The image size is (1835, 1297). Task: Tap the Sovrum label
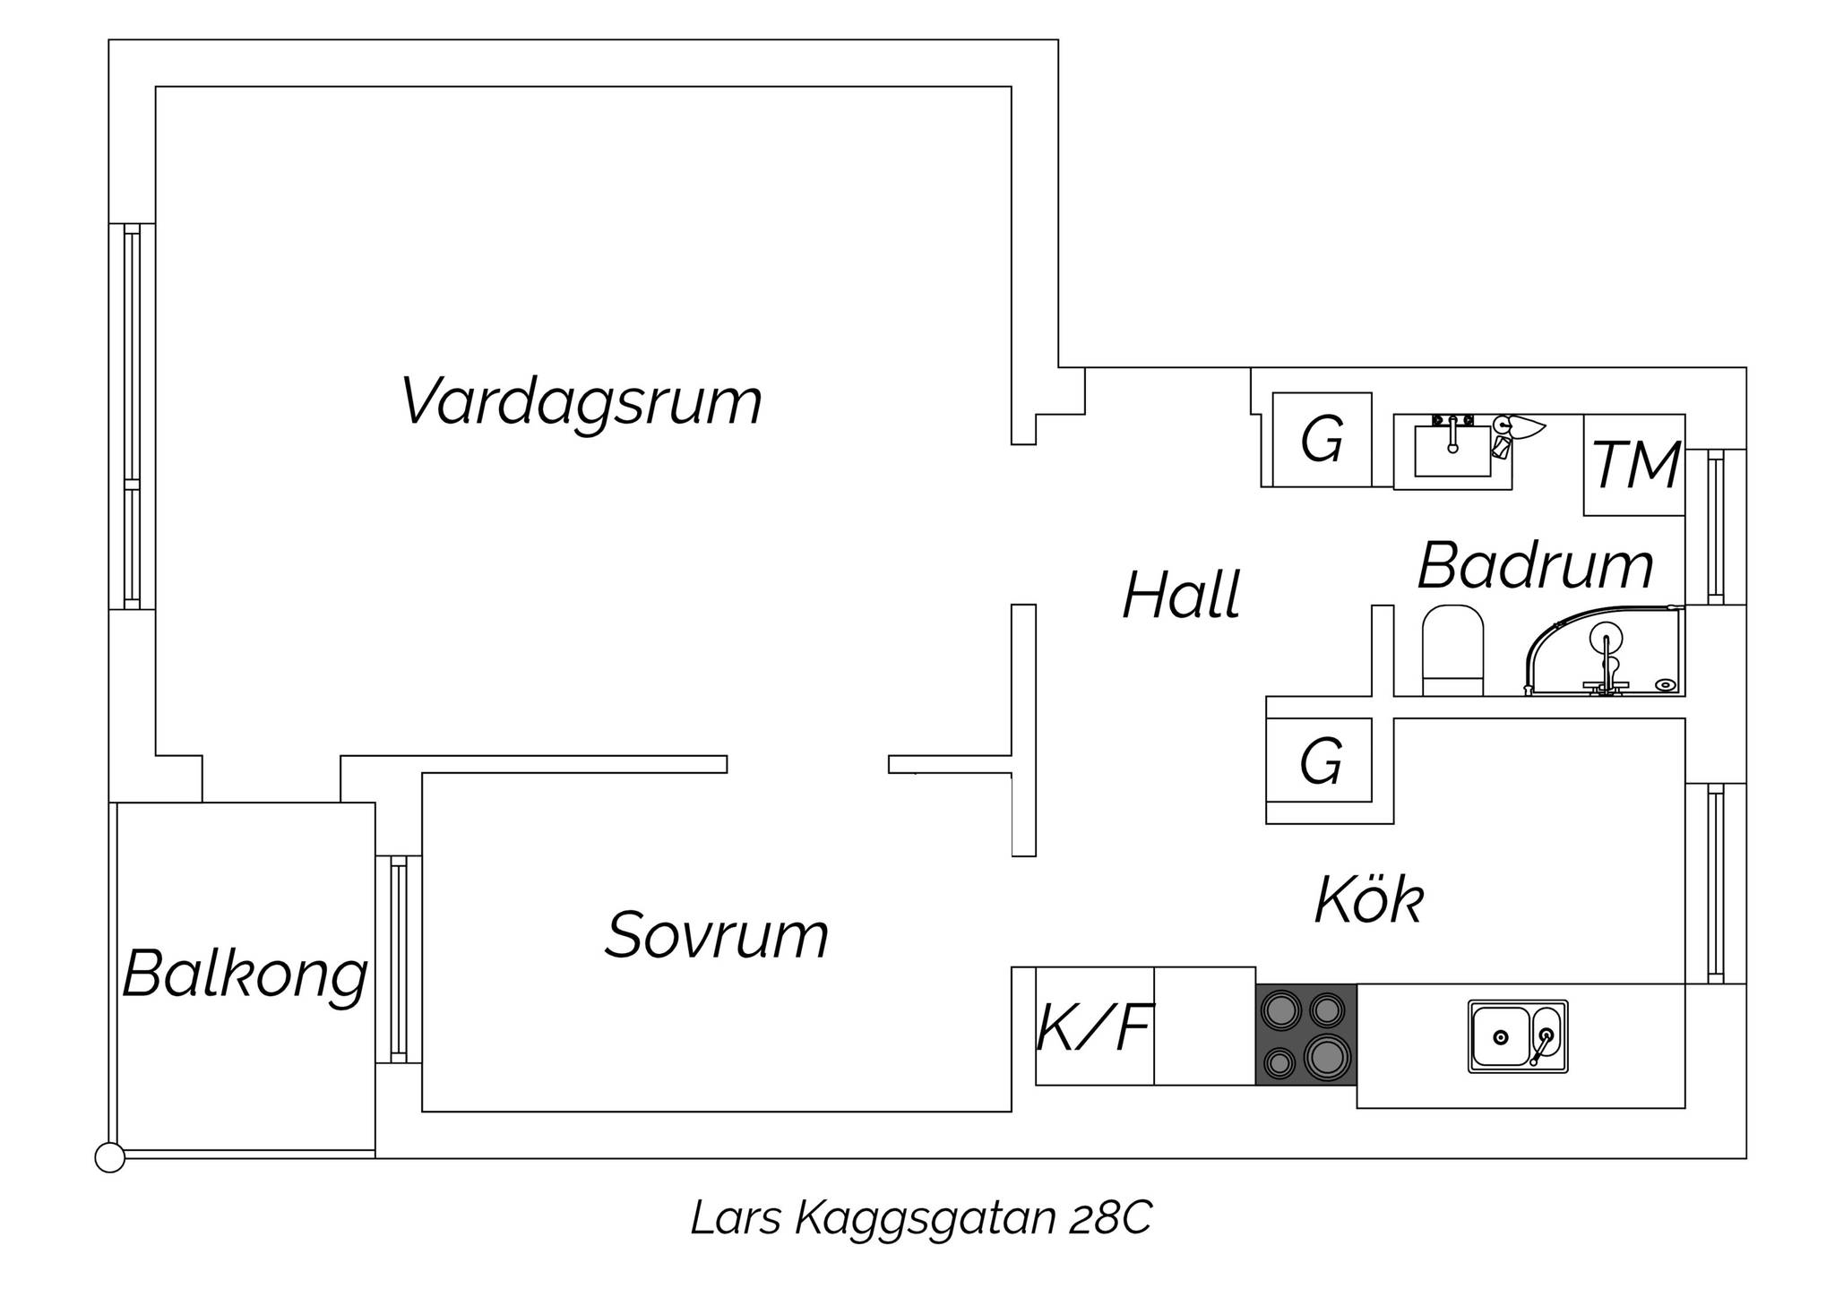tap(717, 936)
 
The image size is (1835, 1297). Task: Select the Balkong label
tap(246, 975)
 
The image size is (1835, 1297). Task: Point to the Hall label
tap(1182, 595)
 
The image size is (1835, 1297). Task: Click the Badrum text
tap(1536, 566)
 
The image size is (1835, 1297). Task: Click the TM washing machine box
tap(1634, 465)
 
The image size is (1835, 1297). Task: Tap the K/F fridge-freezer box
tap(1095, 1026)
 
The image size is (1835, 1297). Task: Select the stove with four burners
tap(1306, 1035)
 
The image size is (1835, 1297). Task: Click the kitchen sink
tap(1518, 1036)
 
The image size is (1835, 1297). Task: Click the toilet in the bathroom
tap(1452, 650)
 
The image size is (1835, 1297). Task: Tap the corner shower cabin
tap(1605, 651)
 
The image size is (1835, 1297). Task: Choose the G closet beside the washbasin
tap(1322, 440)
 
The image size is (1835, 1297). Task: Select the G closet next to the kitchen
tap(1319, 760)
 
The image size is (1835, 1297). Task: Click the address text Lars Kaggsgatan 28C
tap(921, 1218)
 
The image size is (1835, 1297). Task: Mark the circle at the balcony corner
tap(110, 1158)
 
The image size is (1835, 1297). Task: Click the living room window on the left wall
tap(132, 417)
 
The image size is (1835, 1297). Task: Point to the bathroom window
tap(1716, 527)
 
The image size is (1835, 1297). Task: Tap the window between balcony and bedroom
tap(399, 959)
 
